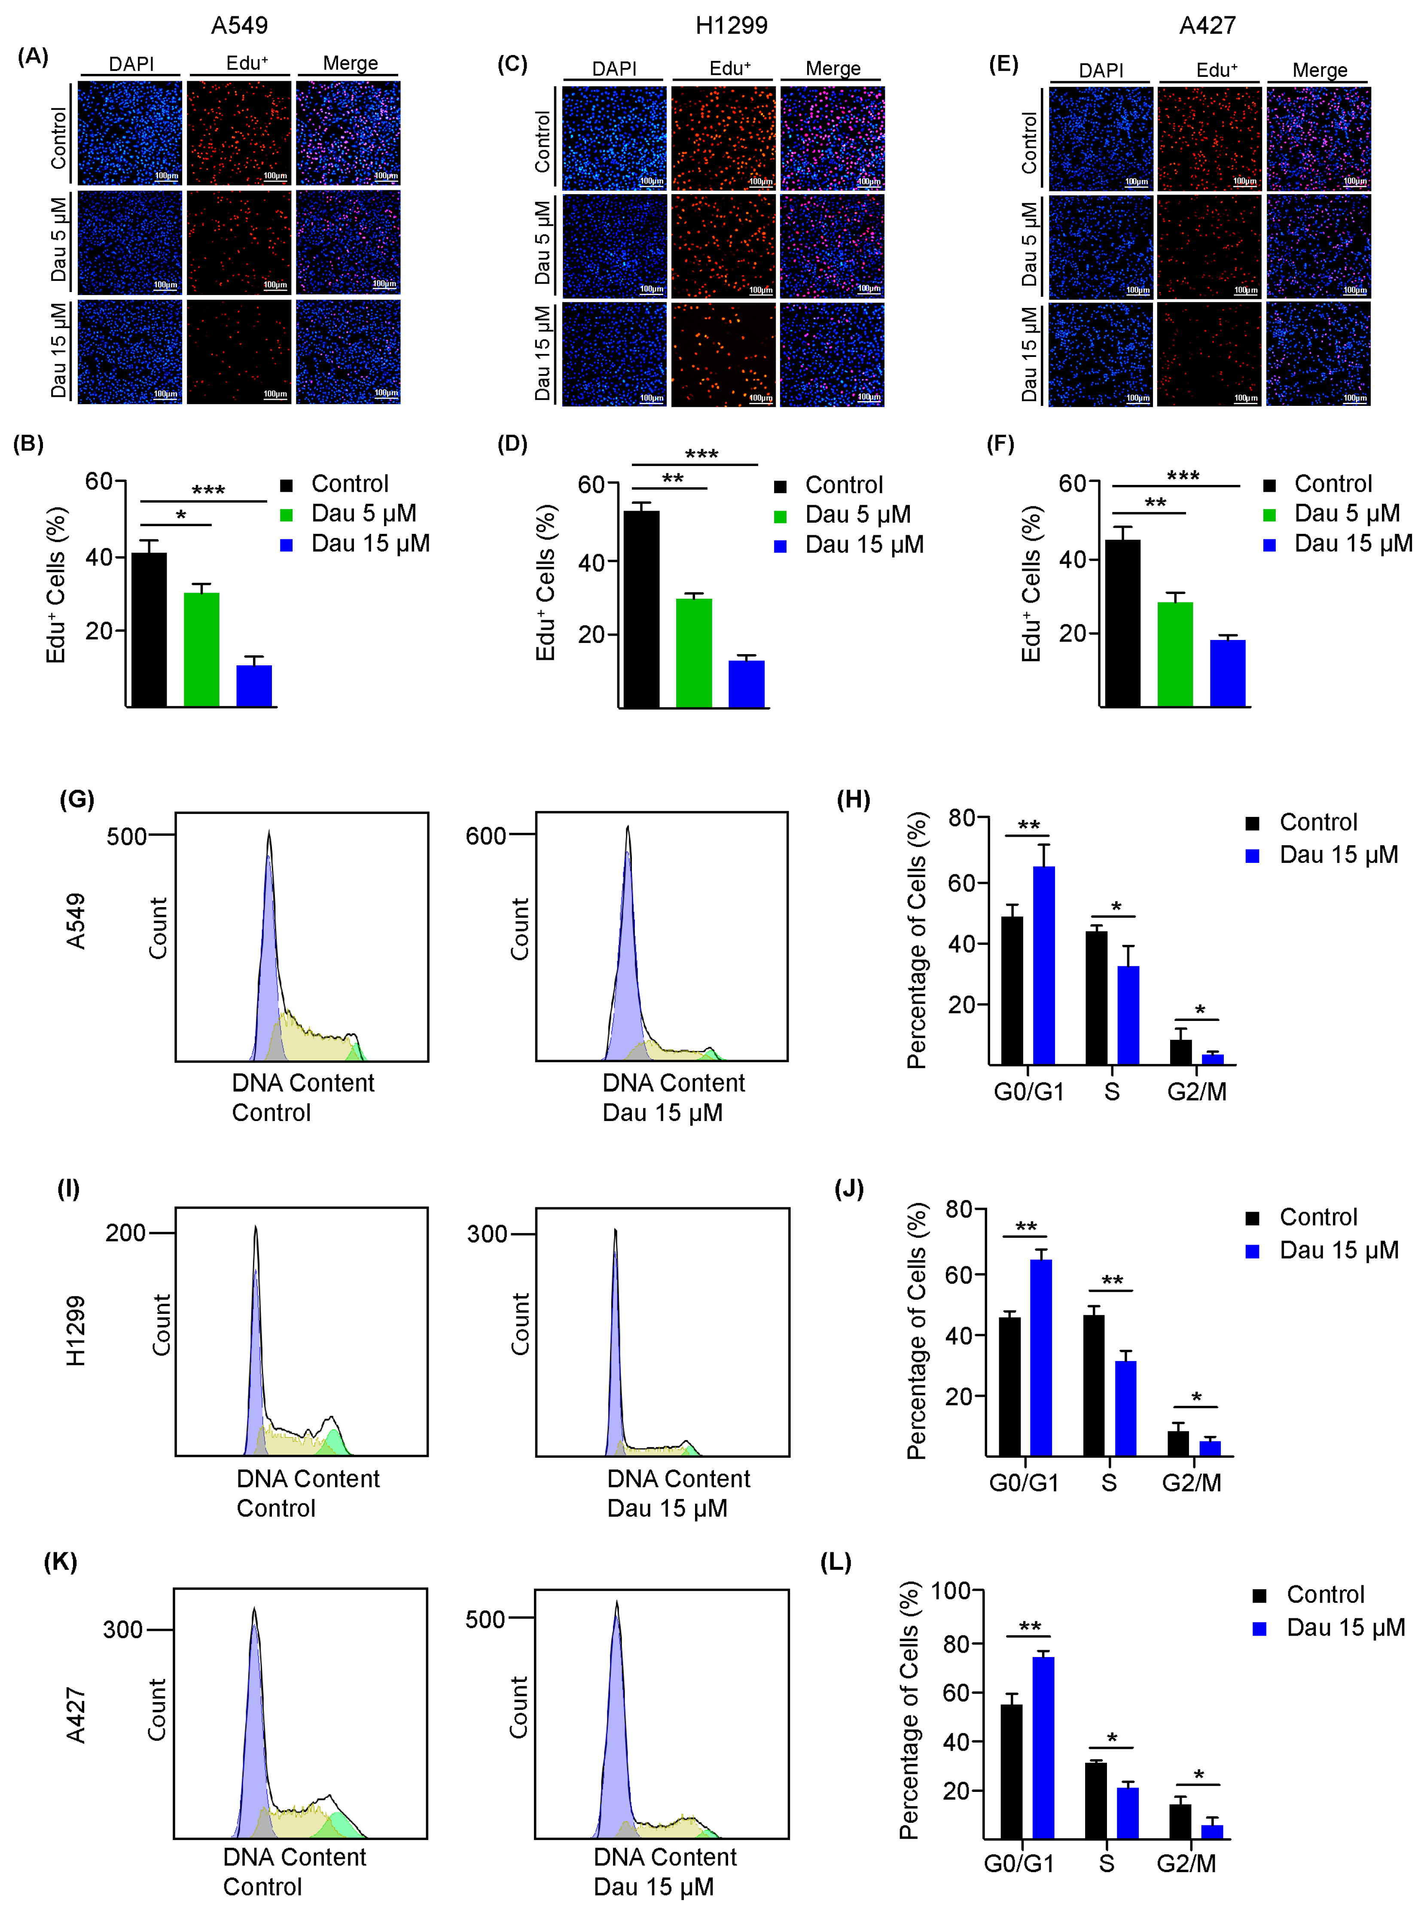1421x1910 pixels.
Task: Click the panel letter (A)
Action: click(x=33, y=57)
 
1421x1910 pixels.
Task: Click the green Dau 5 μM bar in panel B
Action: click(x=201, y=649)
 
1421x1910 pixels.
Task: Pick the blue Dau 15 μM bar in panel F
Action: click(x=1227, y=673)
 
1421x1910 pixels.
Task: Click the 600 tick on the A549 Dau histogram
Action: click(x=486, y=836)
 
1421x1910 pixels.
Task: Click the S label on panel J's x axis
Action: click(x=1109, y=1483)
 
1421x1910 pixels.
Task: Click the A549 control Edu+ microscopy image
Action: click(x=239, y=133)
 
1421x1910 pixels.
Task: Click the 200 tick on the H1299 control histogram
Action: click(x=125, y=1233)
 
